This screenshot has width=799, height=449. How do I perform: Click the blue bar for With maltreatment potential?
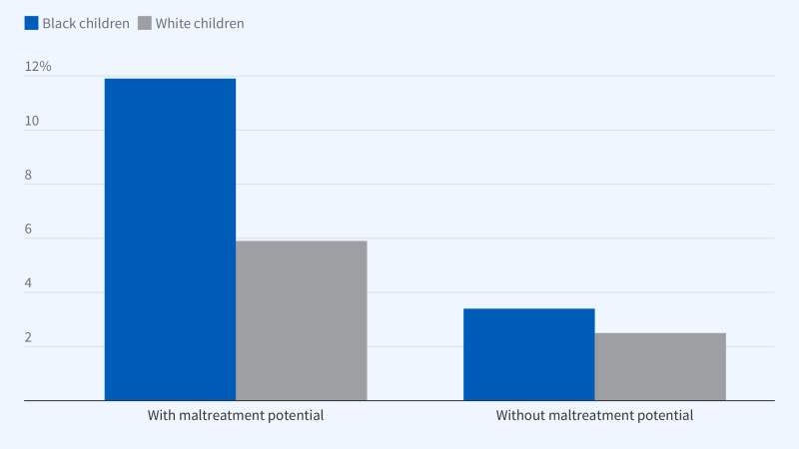coord(170,239)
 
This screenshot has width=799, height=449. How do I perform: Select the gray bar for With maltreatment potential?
coord(301,320)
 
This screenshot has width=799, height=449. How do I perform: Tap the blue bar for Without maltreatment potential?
coord(529,354)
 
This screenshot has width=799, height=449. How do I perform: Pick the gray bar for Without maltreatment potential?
coord(660,366)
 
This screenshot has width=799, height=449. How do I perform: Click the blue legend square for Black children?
coord(31,23)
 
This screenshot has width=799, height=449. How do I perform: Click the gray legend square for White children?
coord(146,23)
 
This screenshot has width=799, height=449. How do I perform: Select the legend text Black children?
coord(86,23)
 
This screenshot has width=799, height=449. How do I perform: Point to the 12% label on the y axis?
coord(38,67)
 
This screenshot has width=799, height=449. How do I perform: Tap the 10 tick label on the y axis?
coord(32,121)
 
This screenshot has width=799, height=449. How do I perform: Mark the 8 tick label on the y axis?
coord(29,176)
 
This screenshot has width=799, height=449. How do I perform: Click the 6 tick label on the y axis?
coord(29,229)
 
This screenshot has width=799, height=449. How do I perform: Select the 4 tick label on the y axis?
coord(29,283)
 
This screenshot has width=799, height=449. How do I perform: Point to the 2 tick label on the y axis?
coord(29,338)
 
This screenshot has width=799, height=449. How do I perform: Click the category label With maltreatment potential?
coord(236,415)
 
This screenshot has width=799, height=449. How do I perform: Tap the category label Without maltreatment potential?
coord(594,415)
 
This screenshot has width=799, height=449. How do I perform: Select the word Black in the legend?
coord(60,23)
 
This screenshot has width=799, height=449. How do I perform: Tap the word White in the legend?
coord(176,23)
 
